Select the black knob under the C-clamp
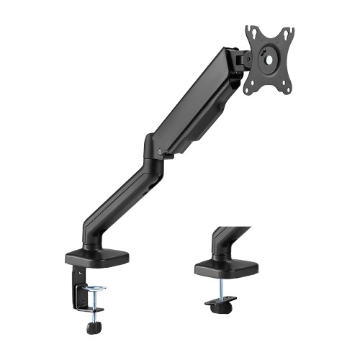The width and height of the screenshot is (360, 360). [x=92, y=328]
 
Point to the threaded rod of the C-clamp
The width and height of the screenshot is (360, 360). [x=93, y=306]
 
